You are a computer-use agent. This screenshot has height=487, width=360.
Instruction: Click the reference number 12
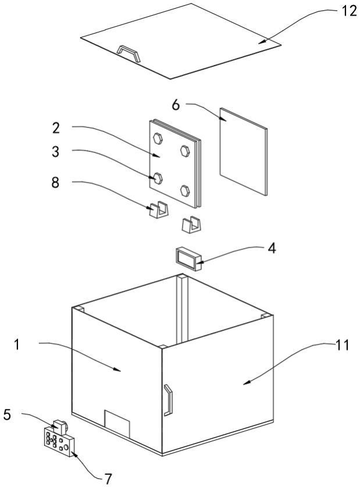[349, 11]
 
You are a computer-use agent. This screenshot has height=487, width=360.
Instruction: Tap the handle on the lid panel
[129, 53]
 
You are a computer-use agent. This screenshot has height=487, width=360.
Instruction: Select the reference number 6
[176, 105]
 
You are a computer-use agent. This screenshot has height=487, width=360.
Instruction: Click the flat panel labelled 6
[244, 152]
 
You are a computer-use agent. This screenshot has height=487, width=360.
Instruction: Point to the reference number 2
[56, 128]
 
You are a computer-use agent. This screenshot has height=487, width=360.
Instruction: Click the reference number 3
[55, 152]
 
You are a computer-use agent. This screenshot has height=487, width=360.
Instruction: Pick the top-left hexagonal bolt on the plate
[158, 138]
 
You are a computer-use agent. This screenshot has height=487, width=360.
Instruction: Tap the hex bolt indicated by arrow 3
[158, 178]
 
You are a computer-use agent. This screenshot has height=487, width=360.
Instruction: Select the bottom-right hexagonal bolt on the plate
[185, 191]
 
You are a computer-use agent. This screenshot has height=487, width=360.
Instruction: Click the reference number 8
[55, 182]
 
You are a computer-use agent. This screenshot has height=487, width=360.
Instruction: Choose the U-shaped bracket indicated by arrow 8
[159, 210]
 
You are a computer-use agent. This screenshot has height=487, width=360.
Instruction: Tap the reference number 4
[272, 249]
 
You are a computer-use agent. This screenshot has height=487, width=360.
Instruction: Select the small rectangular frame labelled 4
[188, 259]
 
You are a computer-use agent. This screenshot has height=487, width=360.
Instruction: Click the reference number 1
[17, 345]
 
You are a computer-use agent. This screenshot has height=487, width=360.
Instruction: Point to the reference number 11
[342, 345]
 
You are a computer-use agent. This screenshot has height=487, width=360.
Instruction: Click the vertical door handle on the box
[168, 400]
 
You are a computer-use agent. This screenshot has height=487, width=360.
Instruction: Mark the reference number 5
[7, 414]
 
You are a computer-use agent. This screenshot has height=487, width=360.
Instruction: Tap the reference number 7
[108, 479]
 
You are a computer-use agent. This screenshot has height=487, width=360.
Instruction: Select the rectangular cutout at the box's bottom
[117, 424]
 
